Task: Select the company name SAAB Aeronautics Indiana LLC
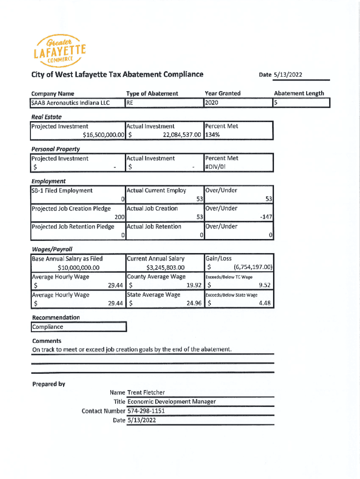point(70,102)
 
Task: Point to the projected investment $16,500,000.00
point(103,135)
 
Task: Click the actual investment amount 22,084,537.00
point(175,135)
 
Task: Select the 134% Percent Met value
point(213,135)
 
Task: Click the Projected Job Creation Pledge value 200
point(120,217)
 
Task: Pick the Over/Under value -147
point(266,217)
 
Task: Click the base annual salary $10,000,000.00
point(78,268)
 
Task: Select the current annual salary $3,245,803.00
point(166,268)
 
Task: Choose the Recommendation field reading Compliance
point(47,327)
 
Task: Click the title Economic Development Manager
point(171,402)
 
